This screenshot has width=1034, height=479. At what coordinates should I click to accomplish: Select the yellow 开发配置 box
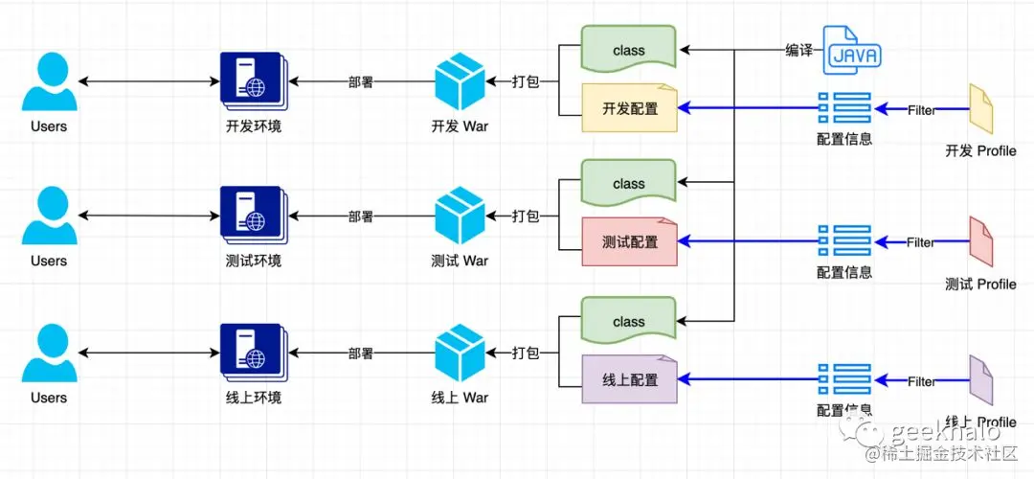click(x=629, y=108)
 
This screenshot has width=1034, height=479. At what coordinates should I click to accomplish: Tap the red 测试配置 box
click(x=629, y=242)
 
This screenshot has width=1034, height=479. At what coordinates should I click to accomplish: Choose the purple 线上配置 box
click(x=629, y=379)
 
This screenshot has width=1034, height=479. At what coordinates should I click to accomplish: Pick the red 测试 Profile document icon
click(x=980, y=242)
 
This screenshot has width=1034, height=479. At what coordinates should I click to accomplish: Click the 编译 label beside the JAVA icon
click(x=798, y=51)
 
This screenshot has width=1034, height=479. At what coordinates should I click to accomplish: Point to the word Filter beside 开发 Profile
click(x=921, y=110)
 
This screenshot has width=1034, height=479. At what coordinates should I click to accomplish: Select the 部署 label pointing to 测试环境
click(x=360, y=217)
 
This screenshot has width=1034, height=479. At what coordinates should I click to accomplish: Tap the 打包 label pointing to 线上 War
click(x=526, y=353)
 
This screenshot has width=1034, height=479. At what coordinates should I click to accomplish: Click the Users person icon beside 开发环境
click(x=49, y=82)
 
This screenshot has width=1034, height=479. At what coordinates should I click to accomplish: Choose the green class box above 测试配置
click(x=629, y=183)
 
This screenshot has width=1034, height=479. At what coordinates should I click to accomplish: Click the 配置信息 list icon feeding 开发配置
click(x=844, y=109)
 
